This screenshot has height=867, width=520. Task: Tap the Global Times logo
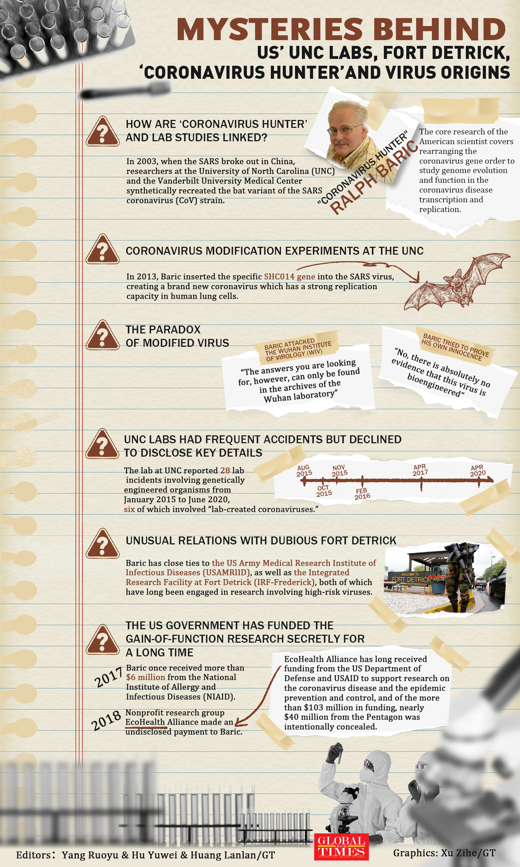coord(341,847)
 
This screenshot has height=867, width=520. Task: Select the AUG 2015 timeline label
coord(304,471)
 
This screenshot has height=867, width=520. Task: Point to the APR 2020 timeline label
coord(477,471)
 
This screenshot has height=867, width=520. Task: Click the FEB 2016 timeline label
coord(362,493)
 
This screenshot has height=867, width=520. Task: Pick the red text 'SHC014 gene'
coord(290,277)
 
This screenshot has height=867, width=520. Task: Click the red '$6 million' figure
coord(146,677)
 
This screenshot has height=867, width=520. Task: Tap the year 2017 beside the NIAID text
coord(108,677)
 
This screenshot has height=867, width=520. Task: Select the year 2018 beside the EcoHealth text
coord(106,721)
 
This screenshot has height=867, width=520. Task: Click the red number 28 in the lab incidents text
coord(225,470)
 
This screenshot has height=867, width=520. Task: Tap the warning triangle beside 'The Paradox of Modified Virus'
coord(103,335)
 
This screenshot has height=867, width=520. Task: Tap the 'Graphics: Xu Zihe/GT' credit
coord(444,853)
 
